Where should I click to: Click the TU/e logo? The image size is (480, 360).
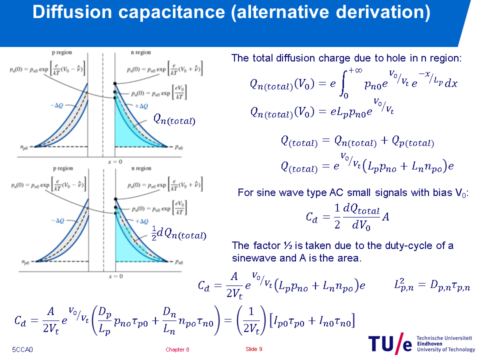390,343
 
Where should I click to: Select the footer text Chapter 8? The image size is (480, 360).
177,349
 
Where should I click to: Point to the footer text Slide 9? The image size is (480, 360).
254,349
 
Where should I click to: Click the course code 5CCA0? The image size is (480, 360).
22,349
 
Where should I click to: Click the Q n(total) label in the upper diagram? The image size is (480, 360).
174,119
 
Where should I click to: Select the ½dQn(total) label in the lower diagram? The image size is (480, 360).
178,233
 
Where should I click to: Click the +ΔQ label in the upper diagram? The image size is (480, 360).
141,106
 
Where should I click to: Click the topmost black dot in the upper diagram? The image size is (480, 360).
115,83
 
